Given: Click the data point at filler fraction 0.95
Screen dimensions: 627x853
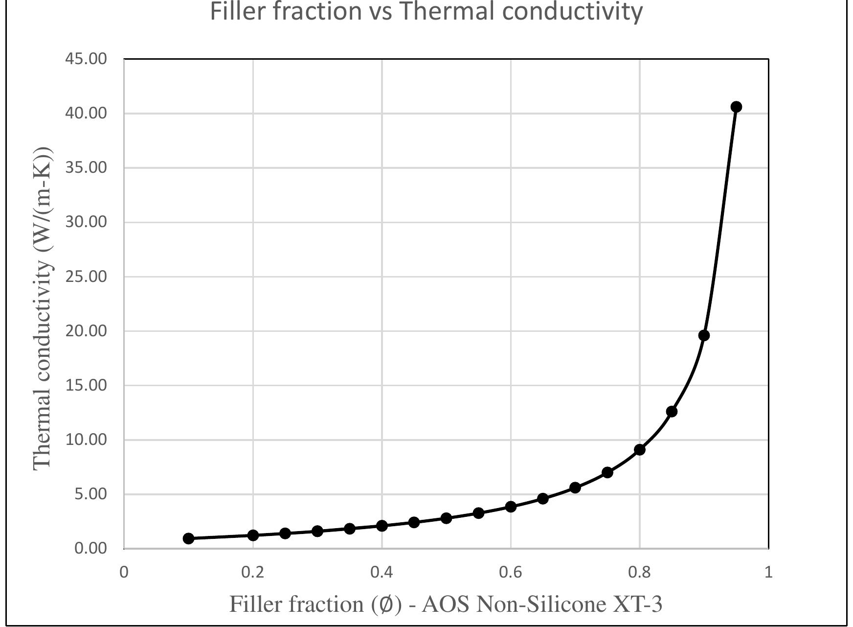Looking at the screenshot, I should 736,107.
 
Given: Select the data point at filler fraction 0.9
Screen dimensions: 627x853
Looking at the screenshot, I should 704,335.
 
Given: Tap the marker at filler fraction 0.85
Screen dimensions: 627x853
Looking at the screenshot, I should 672,412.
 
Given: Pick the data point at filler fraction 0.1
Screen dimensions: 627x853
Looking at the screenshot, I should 188,538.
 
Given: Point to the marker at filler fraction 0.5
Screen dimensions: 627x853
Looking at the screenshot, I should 446,518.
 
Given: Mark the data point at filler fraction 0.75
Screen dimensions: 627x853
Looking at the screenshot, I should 607,472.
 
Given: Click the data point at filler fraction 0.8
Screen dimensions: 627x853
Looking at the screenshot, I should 639,449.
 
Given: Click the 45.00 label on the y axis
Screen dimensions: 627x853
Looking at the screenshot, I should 86,59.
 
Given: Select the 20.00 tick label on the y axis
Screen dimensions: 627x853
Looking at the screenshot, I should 86,331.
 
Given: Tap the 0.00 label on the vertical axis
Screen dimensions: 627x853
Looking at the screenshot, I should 90,548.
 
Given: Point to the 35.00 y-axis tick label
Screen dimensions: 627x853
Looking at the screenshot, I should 86,167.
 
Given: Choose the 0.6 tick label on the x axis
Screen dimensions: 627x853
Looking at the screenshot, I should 511,572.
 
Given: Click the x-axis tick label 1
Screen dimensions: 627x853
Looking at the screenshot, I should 768,572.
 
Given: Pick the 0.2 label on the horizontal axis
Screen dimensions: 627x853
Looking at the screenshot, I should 253,572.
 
